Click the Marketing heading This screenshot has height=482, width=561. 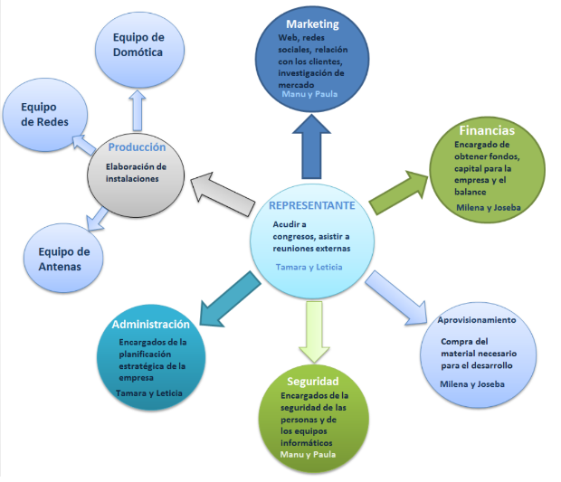(312, 24)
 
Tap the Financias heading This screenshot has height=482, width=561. (486, 130)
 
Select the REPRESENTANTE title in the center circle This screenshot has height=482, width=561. (312, 205)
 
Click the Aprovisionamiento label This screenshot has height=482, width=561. (477, 320)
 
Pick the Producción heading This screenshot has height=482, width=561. (137, 146)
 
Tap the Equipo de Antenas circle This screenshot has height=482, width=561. (58, 260)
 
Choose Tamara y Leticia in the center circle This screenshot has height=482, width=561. (309, 267)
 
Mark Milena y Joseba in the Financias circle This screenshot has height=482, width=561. (490, 207)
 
